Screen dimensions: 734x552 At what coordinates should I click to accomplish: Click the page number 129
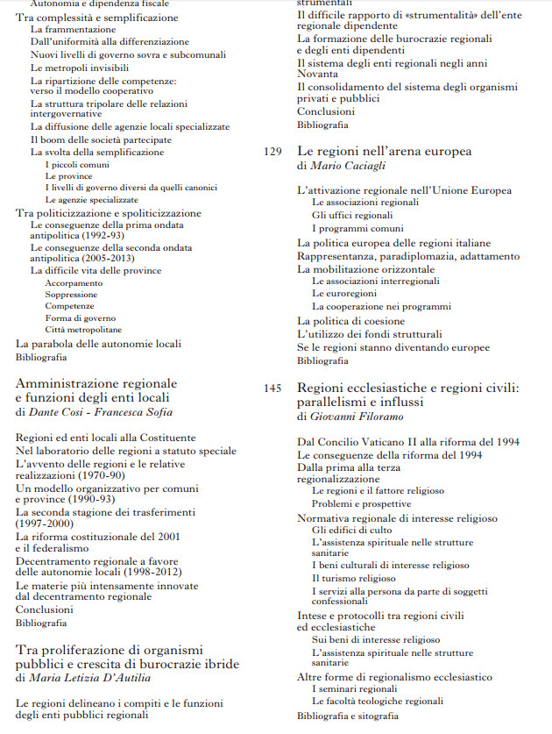click(x=272, y=152)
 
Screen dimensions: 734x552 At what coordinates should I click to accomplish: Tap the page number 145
click(x=272, y=387)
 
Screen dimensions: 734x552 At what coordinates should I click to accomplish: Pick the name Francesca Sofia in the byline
click(x=142, y=411)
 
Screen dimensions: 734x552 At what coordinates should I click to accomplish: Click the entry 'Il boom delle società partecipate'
click(x=101, y=139)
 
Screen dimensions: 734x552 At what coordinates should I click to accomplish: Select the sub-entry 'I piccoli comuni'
click(x=78, y=164)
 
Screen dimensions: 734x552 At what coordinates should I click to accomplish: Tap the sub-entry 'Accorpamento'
click(x=74, y=283)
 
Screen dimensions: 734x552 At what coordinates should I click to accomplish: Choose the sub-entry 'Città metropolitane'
click(x=84, y=329)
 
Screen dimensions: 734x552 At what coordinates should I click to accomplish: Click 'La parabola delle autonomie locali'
click(x=98, y=344)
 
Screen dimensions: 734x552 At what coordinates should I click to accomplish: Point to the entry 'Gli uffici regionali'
click(x=352, y=215)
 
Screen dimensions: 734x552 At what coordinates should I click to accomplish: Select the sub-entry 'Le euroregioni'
click(x=344, y=294)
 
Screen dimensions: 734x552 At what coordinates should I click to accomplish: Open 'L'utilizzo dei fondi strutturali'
click(x=369, y=334)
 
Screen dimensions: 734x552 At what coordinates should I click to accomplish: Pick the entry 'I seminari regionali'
click(x=354, y=689)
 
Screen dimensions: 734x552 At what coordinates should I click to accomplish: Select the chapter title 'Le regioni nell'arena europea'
click(x=384, y=151)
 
